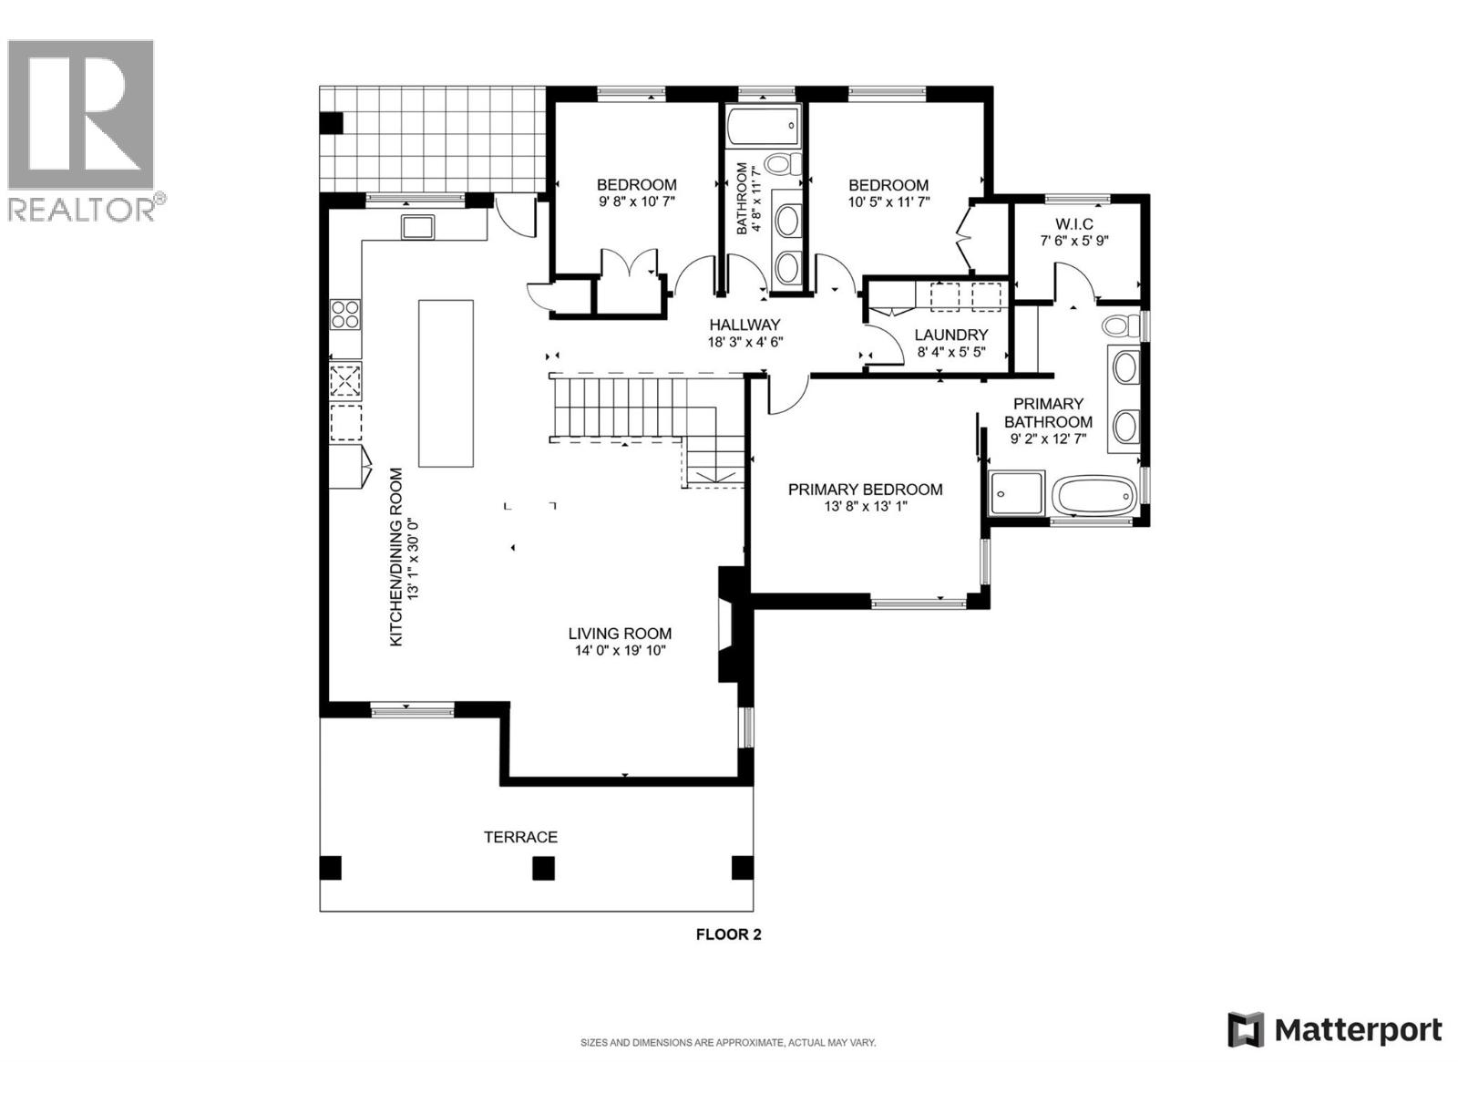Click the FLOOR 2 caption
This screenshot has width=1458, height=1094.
(x=728, y=934)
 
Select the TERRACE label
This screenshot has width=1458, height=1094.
(x=520, y=837)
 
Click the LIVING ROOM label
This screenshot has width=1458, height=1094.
(x=620, y=634)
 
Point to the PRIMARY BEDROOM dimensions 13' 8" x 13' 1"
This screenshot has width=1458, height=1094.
(x=865, y=507)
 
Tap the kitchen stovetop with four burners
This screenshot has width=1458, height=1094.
(x=345, y=315)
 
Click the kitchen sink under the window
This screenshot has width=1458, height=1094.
(x=418, y=226)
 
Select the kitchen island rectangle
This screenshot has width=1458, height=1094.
(x=446, y=383)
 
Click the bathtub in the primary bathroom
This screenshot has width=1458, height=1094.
(x=1093, y=496)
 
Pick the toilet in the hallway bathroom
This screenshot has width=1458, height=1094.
(x=782, y=165)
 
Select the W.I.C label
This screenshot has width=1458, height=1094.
(x=1074, y=224)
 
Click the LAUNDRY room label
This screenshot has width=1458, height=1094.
(x=951, y=335)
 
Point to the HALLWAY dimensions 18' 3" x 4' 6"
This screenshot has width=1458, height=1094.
(x=745, y=342)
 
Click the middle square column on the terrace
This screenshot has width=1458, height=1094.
(x=543, y=868)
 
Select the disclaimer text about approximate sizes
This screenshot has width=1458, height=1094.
(x=728, y=1043)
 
